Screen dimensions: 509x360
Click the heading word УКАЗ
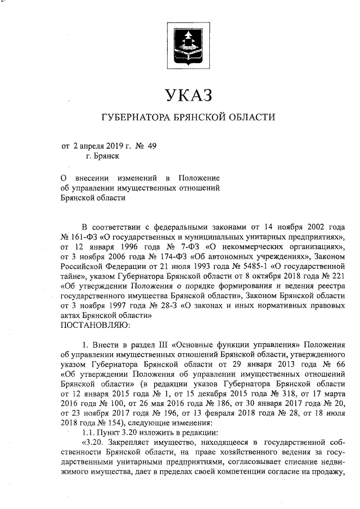pyautogui.click(x=187, y=95)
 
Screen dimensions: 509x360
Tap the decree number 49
pyautogui.click(x=151, y=146)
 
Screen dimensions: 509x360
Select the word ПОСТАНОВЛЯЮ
pyautogui.click(x=96, y=326)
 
